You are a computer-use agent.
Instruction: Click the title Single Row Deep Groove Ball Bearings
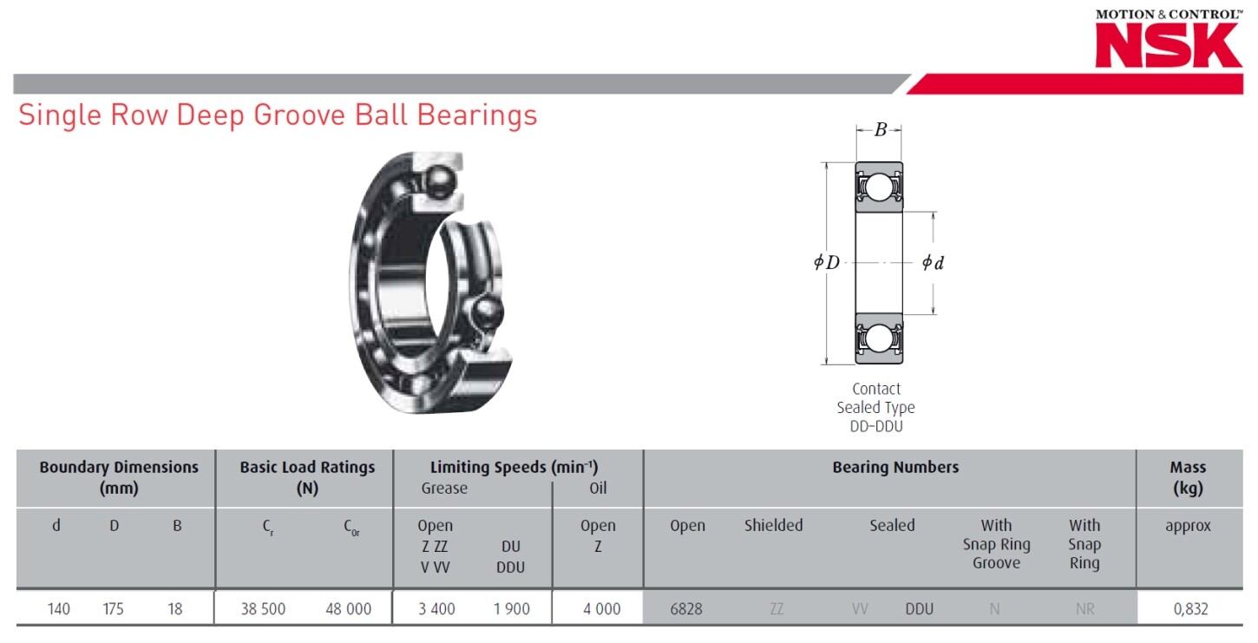coord(278,115)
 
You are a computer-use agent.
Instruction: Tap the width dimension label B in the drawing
coord(880,130)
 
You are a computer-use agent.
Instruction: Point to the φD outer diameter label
coord(827,262)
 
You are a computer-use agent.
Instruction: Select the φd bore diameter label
coord(933,262)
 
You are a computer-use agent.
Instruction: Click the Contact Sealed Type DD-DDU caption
coord(875,408)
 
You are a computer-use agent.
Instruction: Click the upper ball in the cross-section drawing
coord(879,187)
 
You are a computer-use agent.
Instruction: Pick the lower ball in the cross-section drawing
coord(879,338)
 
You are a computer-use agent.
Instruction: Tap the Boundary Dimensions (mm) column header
coord(119,477)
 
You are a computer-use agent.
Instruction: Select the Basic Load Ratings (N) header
coord(307,477)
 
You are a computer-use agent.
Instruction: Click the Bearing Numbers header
coord(895,467)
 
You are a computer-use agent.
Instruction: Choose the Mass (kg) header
coord(1188,477)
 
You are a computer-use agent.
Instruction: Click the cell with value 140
coord(58,609)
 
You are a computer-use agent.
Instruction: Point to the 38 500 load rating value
coord(263,609)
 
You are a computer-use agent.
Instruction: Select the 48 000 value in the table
coord(348,609)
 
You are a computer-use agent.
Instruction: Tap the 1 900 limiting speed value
coord(511,609)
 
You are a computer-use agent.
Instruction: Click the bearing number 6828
coord(686,609)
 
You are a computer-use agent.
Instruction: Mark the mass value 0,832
coord(1189,609)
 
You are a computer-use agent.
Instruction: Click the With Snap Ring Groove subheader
coord(996,544)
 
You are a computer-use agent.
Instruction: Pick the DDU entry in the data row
coord(919,609)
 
